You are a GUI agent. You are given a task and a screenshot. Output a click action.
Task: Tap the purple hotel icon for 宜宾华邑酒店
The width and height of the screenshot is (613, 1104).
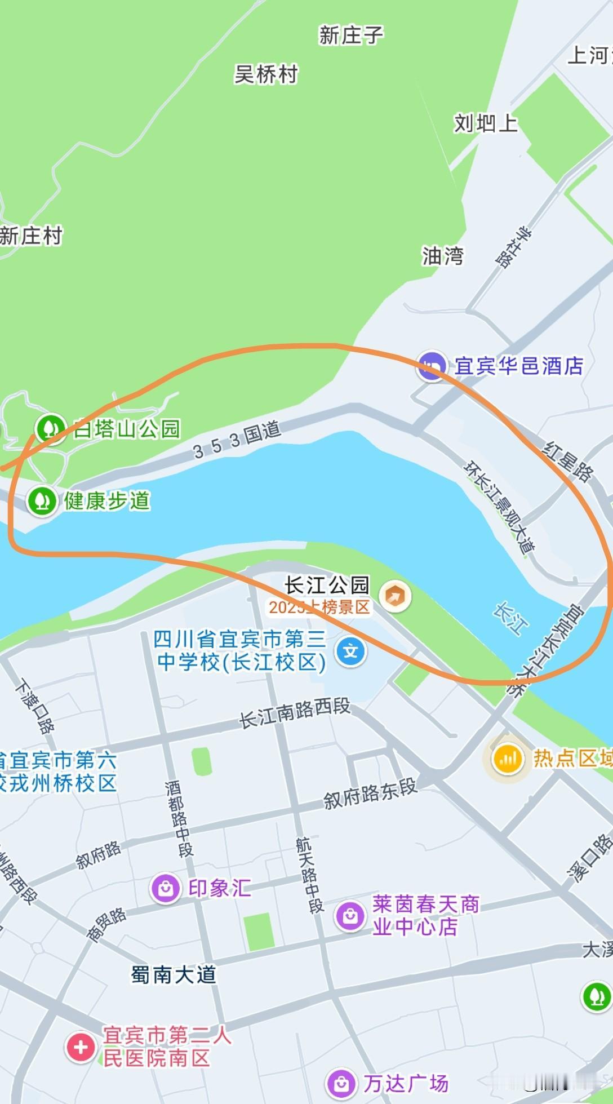(432, 366)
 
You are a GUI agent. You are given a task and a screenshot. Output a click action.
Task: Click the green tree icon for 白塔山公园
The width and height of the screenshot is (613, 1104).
(50, 429)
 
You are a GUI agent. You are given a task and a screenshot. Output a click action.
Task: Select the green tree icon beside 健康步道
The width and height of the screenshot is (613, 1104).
(42, 500)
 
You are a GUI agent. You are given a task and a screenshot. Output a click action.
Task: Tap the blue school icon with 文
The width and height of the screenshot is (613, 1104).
(350, 651)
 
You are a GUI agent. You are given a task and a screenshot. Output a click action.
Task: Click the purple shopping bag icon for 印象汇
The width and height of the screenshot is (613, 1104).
(165, 889)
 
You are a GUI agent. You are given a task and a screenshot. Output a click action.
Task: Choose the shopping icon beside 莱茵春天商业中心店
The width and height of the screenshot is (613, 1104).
(350, 916)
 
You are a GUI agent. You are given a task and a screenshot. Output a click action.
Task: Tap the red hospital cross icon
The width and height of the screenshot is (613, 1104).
(81, 1047)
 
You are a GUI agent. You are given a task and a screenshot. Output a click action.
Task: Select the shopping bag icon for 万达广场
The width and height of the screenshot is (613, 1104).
(341, 1083)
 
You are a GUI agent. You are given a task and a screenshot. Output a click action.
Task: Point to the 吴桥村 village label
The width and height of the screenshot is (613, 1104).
(266, 74)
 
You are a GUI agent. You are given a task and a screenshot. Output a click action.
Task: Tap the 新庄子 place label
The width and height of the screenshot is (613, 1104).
(350, 36)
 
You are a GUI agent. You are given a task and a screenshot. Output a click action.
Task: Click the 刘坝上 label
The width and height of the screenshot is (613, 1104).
(486, 123)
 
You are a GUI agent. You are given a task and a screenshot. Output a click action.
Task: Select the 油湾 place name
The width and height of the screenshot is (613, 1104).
(443, 256)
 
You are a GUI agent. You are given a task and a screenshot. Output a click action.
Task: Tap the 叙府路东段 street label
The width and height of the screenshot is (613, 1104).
(370, 793)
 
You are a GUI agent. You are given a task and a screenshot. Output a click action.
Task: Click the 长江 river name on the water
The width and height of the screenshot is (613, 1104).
(511, 618)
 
